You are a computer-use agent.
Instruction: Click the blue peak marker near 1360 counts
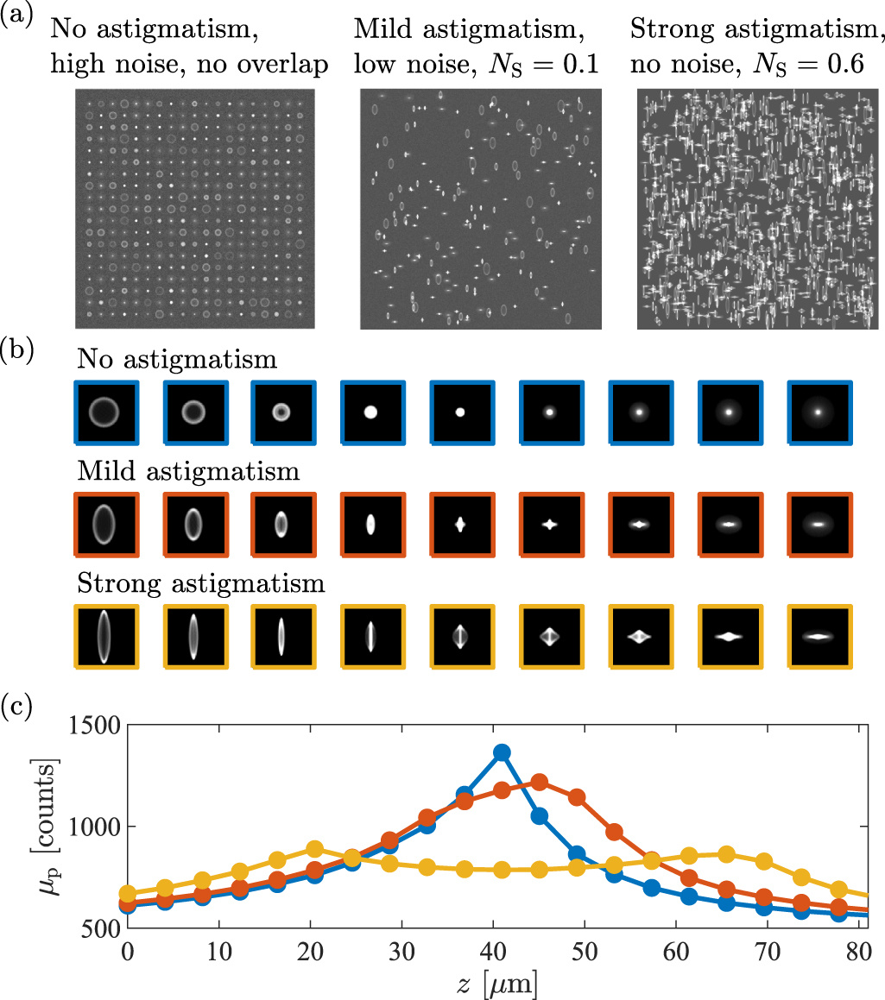pos(502,752)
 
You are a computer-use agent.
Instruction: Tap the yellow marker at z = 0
pos(128,893)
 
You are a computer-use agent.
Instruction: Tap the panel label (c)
pos(17,708)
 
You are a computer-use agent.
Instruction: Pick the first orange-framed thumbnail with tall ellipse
pos(105,524)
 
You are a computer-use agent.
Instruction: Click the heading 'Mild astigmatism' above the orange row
pos(188,472)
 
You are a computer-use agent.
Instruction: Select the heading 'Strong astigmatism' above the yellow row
pos(200,584)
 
